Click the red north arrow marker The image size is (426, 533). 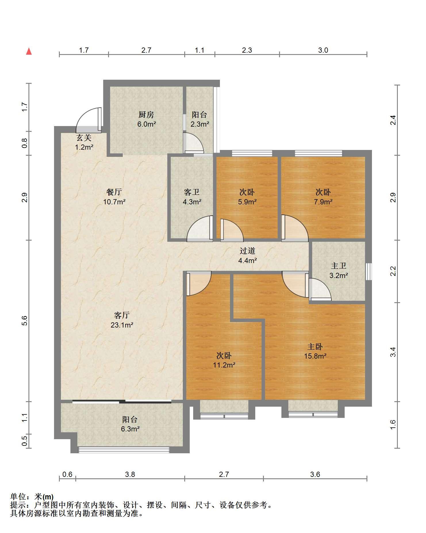pyautogui.click(x=29, y=51)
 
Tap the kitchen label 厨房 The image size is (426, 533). pyautogui.click(x=146, y=115)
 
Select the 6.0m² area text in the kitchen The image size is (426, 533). pyautogui.click(x=146, y=124)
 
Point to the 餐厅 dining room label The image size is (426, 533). pyautogui.click(x=114, y=192)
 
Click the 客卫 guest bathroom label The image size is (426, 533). pyautogui.click(x=192, y=192)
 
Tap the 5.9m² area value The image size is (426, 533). pyautogui.click(x=247, y=202)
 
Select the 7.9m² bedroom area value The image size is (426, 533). pyautogui.click(x=323, y=202)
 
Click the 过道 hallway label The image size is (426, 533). pyautogui.click(x=247, y=251)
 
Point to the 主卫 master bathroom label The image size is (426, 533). pyautogui.click(x=338, y=266)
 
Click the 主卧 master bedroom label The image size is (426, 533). pyautogui.click(x=315, y=347)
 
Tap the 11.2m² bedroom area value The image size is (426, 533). pyautogui.click(x=224, y=365)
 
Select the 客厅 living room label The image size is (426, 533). pyautogui.click(x=122, y=315)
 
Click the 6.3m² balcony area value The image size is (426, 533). pyautogui.click(x=130, y=429)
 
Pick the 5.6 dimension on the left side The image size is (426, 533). pyautogui.click(x=24, y=321)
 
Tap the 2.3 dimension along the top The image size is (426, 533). pyautogui.click(x=247, y=50)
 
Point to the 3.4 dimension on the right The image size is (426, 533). pyautogui.click(x=393, y=352)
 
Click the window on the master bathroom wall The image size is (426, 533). pyautogui.click(x=369, y=271)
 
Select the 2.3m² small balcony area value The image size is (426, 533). pyautogui.click(x=200, y=124)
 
